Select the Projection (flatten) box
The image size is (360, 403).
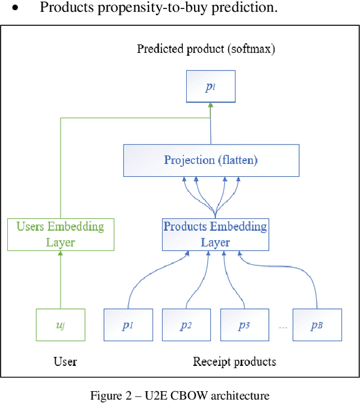point(210,160)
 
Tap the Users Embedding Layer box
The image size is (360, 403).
point(60,234)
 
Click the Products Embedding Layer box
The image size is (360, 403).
point(215,234)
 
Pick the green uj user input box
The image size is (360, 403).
point(60,325)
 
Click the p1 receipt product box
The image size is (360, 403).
point(128,325)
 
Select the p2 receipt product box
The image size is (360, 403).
point(186,325)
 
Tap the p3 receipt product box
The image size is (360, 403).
point(244,325)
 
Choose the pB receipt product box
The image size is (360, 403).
point(317,325)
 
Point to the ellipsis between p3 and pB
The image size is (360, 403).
point(283,327)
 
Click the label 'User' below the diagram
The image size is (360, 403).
point(65,361)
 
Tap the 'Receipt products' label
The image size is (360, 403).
point(235,361)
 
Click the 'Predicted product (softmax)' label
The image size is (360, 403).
point(206,49)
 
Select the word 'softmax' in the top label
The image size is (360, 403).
point(251,49)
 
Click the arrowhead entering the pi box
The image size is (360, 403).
point(210,106)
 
